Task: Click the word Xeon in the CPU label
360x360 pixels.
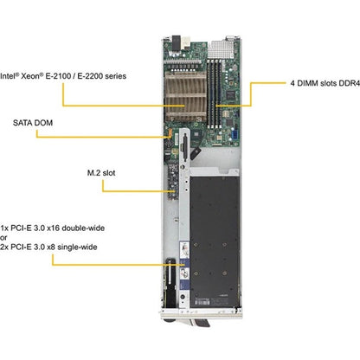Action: point(32,76)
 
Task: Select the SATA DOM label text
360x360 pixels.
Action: point(33,123)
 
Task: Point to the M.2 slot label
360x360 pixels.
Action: point(101,173)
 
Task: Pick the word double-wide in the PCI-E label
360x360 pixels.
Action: point(83,228)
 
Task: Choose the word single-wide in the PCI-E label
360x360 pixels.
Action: point(77,247)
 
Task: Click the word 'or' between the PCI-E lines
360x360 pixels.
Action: point(3,238)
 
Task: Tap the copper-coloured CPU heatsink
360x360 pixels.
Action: point(185,97)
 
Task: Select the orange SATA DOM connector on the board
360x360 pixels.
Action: point(170,133)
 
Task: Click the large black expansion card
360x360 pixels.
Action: point(215,241)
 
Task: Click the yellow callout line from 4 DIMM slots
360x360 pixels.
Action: point(251,94)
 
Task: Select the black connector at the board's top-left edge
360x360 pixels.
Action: point(176,42)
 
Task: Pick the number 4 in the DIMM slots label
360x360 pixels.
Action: point(292,83)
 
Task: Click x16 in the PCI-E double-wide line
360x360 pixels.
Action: point(53,228)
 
